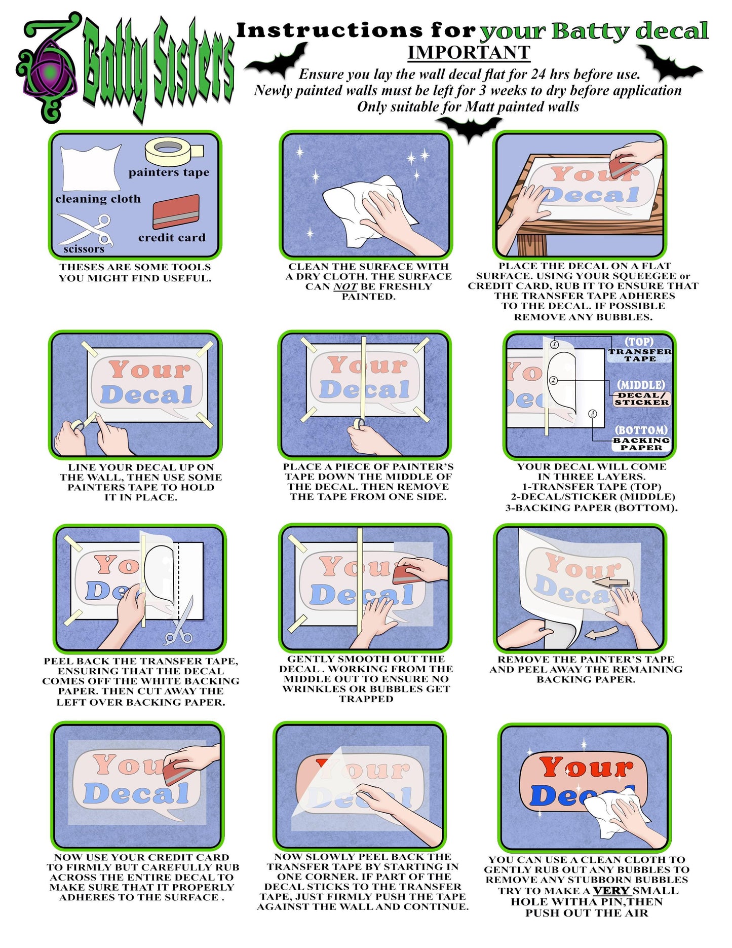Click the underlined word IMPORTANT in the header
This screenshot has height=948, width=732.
[469, 53]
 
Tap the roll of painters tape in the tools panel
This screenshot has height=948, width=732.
[174, 151]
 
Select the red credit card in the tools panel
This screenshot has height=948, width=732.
[176, 211]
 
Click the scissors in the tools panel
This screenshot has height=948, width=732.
[85, 229]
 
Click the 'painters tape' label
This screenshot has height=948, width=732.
[169, 172]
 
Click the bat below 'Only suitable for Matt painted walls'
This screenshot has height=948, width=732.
[470, 129]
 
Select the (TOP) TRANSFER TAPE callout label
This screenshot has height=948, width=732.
[640, 350]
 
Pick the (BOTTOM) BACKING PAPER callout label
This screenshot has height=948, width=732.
[641, 438]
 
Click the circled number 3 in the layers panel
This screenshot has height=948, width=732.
[593, 414]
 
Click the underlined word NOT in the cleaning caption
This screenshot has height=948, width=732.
[345, 287]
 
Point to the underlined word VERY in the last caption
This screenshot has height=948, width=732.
[611, 891]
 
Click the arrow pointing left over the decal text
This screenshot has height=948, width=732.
[610, 583]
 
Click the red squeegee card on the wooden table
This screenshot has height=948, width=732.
[624, 166]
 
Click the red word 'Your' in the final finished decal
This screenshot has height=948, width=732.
[586, 767]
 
